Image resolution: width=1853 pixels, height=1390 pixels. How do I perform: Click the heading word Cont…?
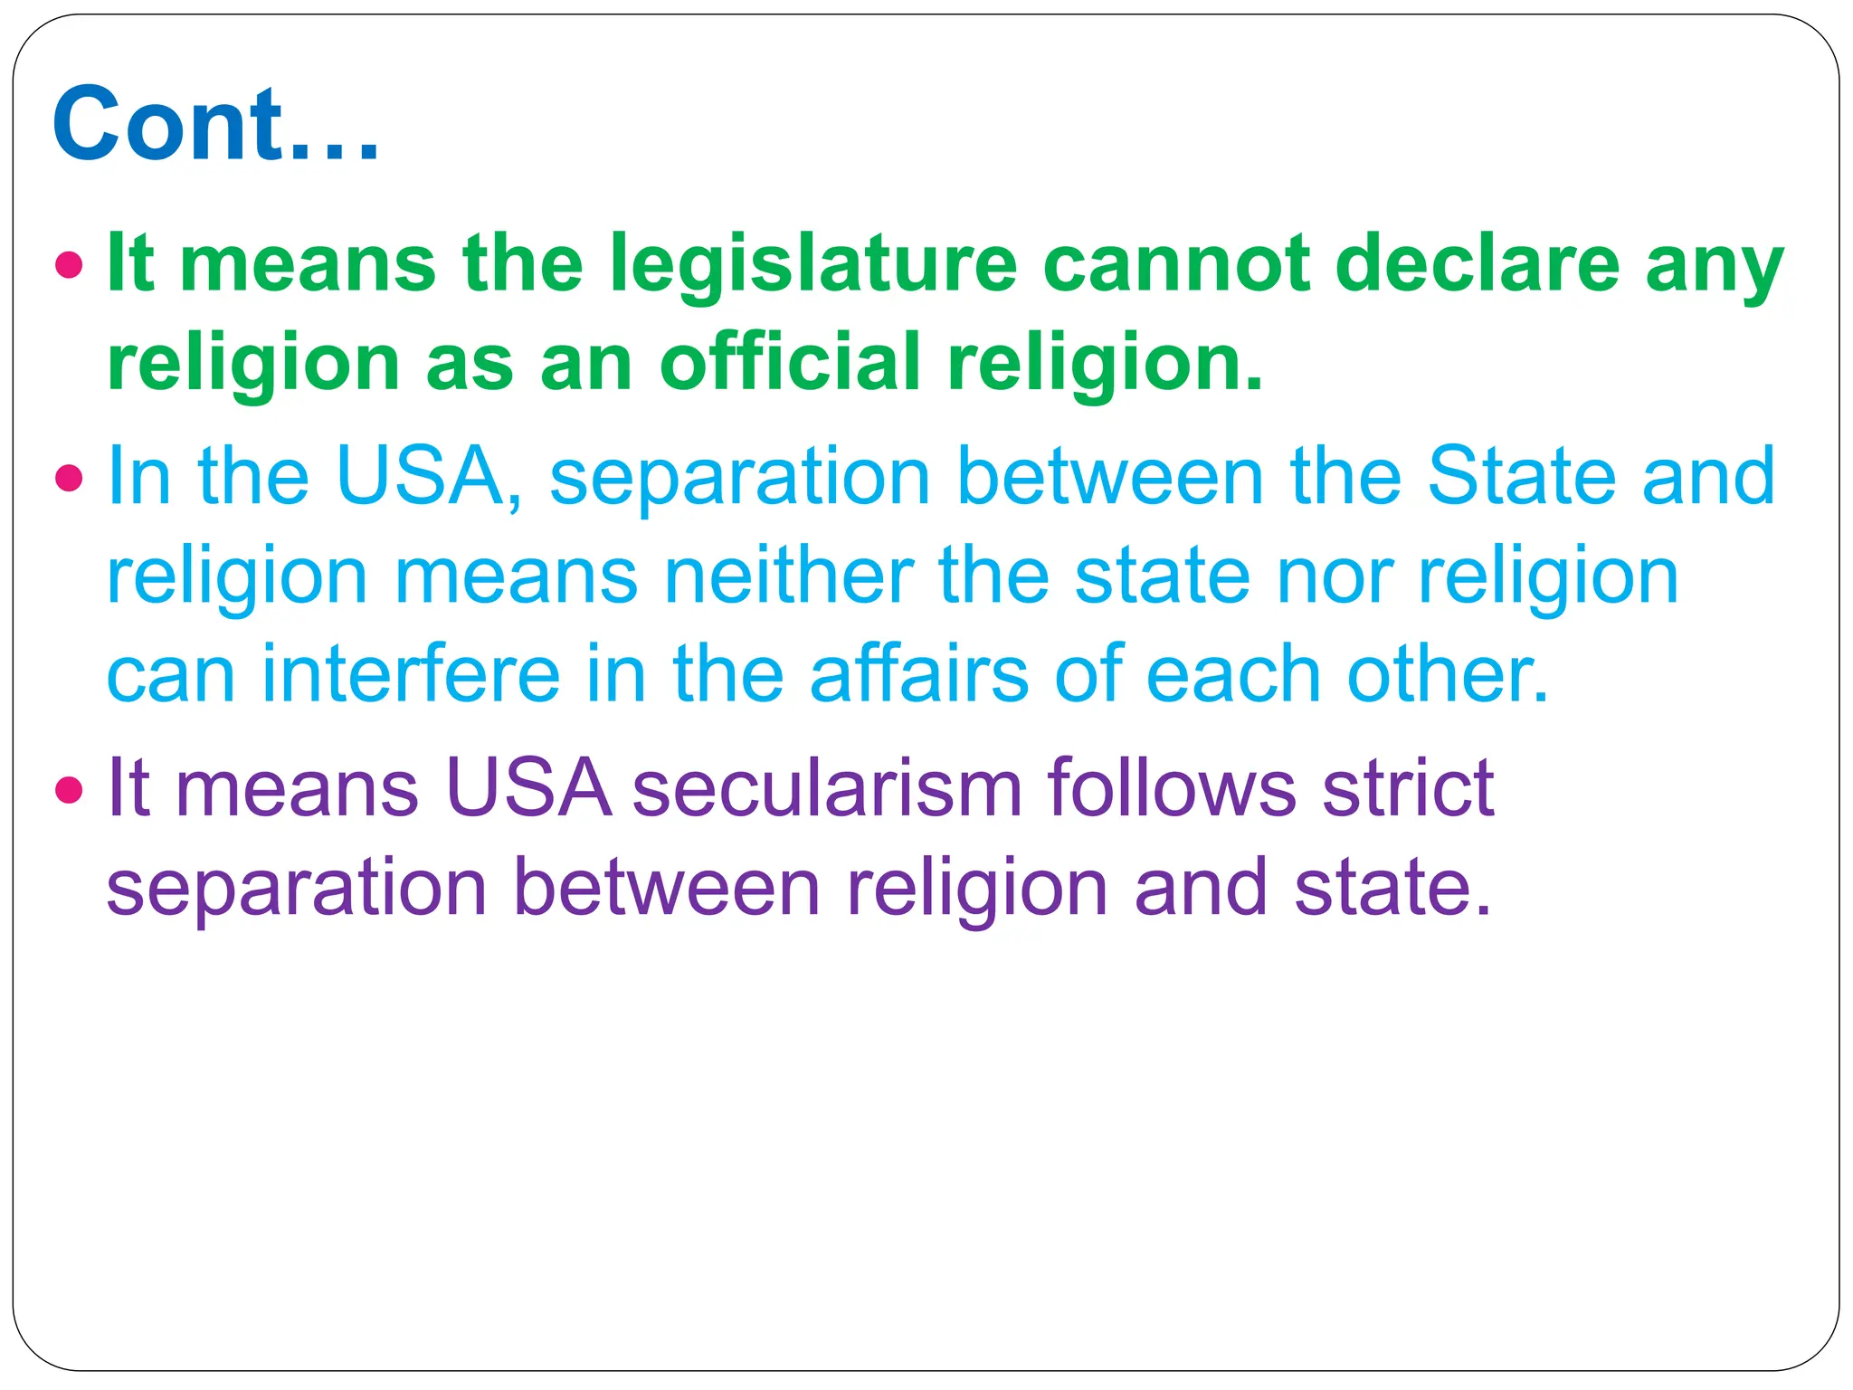pos(215,125)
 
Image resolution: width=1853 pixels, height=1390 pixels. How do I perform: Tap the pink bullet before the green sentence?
pos(69,266)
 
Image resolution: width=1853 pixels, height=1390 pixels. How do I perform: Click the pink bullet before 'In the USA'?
pos(69,478)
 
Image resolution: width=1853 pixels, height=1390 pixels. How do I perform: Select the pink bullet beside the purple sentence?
pos(69,790)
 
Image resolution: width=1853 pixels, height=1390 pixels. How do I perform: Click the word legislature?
pos(813,266)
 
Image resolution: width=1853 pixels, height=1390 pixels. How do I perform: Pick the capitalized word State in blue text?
pos(1521,477)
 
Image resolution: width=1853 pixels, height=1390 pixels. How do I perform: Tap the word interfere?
pos(411,674)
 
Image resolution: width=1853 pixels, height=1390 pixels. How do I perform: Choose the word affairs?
pos(919,674)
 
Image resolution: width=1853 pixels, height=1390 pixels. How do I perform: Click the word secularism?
pos(827,789)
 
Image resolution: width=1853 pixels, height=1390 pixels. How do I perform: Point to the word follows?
pos(1173,789)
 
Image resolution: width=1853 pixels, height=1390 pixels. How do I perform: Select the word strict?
pos(1408,789)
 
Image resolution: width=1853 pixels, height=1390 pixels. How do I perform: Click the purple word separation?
pos(297,890)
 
